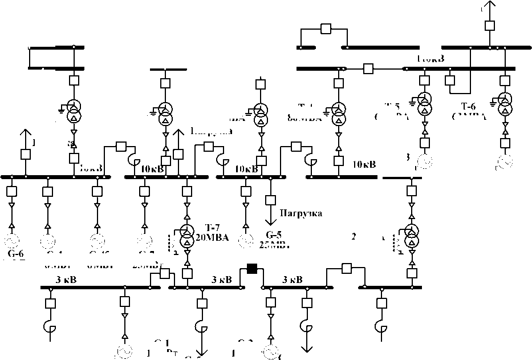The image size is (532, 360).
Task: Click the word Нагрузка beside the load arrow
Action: pyautogui.click(x=301, y=213)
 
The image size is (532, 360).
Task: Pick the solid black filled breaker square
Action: pyautogui.click(x=251, y=270)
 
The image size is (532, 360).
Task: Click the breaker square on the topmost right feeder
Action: pyautogui.click(x=489, y=26)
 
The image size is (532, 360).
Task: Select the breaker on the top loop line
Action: pyautogui.click(x=326, y=29)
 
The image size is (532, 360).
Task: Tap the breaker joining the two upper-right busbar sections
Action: pyautogui.click(x=368, y=68)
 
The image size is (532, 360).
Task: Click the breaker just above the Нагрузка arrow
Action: pyautogui.click(x=271, y=200)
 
